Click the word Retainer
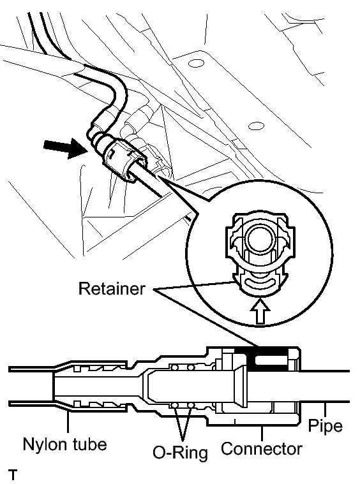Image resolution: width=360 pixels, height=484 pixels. (x=112, y=289)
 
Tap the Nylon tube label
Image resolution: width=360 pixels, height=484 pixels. (x=65, y=445)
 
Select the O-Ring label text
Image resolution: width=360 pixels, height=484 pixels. (x=180, y=453)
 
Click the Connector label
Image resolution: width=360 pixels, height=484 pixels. (x=262, y=448)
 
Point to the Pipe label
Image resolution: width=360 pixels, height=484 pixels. (x=326, y=426)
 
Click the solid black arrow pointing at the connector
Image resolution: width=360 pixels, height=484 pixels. (x=64, y=148)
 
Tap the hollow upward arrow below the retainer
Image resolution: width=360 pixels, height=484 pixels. (x=261, y=312)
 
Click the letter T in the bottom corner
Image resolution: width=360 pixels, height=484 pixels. (x=13, y=475)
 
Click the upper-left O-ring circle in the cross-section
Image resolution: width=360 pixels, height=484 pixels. (x=175, y=367)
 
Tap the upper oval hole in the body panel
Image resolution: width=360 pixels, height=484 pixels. (x=196, y=64)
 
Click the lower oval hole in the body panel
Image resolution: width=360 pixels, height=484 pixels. (x=256, y=126)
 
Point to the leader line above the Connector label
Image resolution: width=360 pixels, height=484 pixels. (x=262, y=433)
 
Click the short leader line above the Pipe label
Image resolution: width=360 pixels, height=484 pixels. (x=324, y=409)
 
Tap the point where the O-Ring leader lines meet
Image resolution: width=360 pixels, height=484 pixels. (x=182, y=440)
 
